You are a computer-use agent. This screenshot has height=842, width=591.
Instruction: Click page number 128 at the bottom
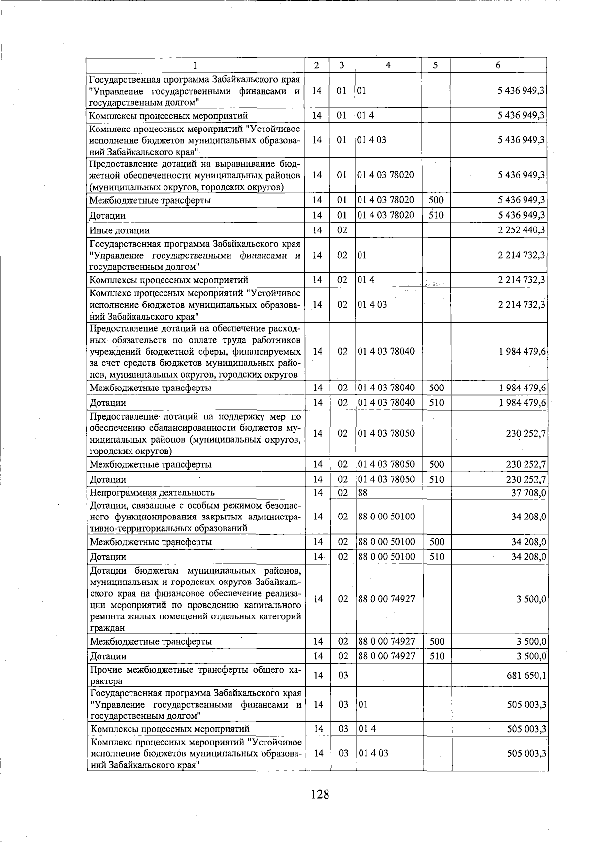(320, 794)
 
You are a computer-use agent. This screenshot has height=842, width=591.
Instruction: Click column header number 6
(498, 65)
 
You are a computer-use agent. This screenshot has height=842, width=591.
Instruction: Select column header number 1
(195, 65)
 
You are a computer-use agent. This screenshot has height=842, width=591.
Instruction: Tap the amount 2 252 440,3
(521, 230)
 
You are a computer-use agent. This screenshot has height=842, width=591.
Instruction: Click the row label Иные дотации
(119, 230)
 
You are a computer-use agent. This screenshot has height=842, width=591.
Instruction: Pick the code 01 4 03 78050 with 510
(386, 479)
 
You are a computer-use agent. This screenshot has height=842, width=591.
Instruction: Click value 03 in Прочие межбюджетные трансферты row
(343, 675)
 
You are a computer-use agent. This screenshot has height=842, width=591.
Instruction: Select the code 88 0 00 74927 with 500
(387, 641)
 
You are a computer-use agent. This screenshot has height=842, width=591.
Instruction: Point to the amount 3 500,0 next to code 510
(531, 656)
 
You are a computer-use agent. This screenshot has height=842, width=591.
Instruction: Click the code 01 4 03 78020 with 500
(386, 200)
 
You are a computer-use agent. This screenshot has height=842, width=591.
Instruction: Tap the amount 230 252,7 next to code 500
(525, 464)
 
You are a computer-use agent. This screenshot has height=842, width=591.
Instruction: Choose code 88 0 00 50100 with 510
(387, 557)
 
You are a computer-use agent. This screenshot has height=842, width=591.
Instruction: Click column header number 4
(388, 65)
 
